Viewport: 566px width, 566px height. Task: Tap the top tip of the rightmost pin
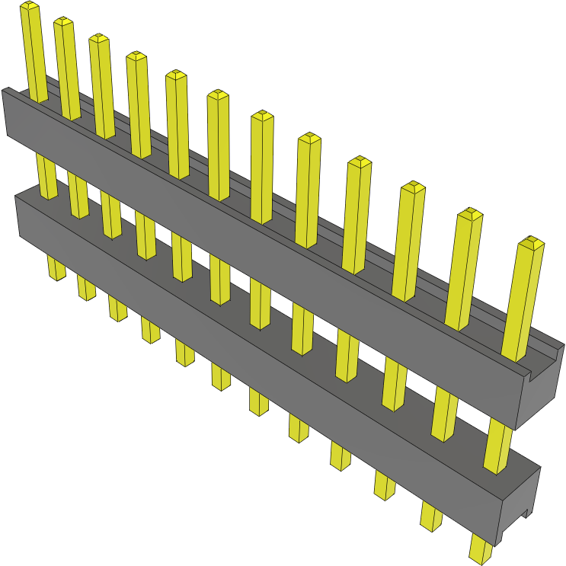coord(531,243)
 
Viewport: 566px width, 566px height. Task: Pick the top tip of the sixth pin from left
coord(218,94)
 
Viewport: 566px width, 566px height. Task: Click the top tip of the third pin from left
coord(99,37)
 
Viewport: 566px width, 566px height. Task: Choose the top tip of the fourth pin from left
coord(136,56)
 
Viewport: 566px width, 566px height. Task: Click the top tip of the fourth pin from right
coord(360,161)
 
